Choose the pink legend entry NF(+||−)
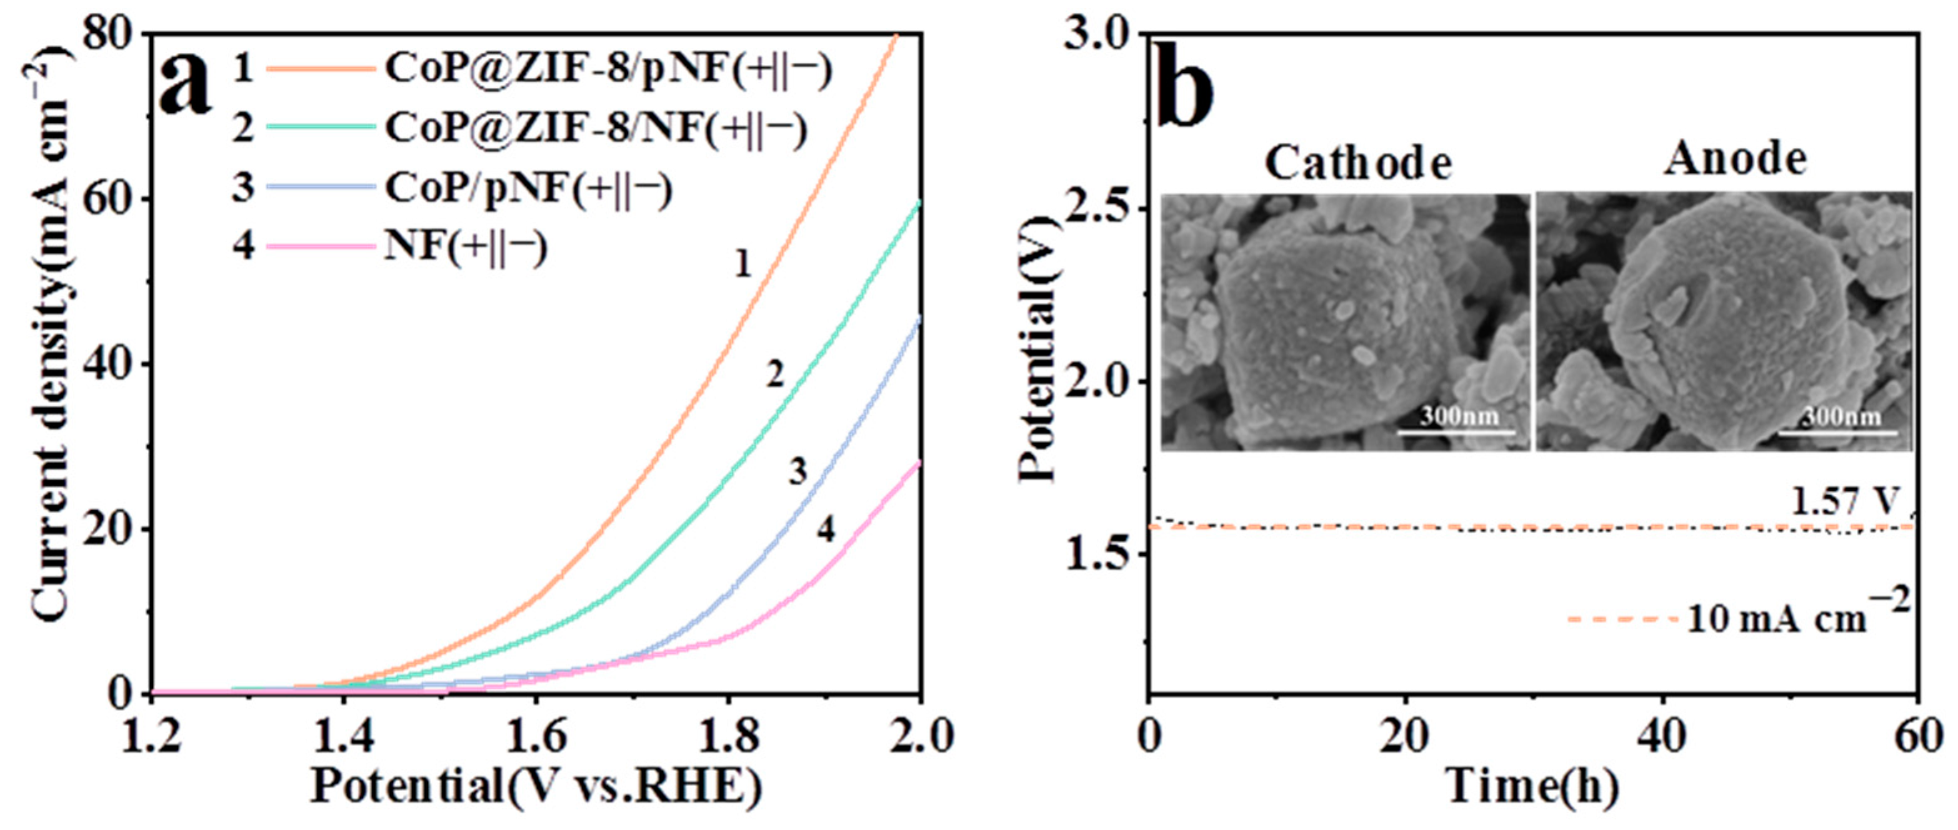tap(465, 247)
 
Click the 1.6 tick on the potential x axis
tap(536, 736)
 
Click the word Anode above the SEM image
tap(1736, 159)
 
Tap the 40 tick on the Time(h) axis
tap(1662, 736)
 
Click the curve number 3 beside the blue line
tap(797, 472)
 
